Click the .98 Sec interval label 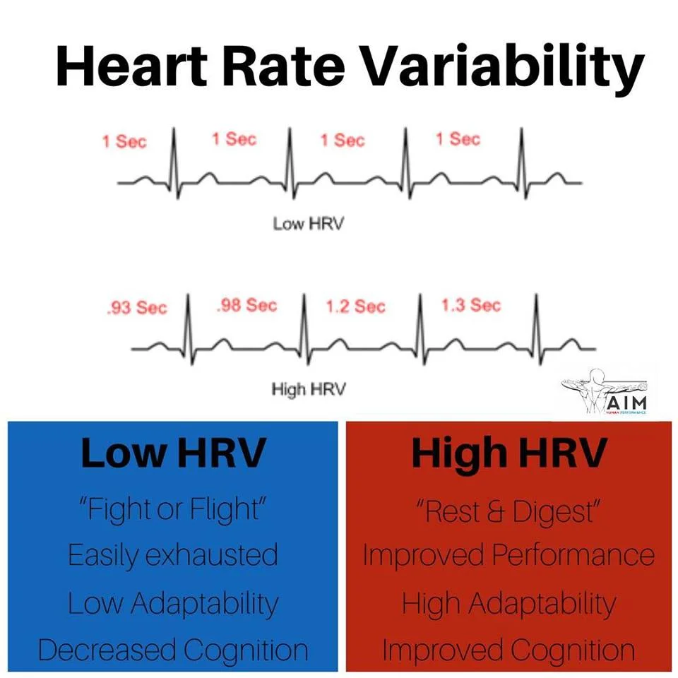[246, 306]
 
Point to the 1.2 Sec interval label [355, 307]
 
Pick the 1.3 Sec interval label [470, 306]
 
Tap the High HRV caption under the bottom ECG [309, 389]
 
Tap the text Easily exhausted [172, 557]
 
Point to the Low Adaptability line [172, 604]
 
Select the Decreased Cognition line [172, 650]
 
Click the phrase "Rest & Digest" [509, 511]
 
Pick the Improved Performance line [509, 557]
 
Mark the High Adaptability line [509, 604]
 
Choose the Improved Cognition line [509, 650]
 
